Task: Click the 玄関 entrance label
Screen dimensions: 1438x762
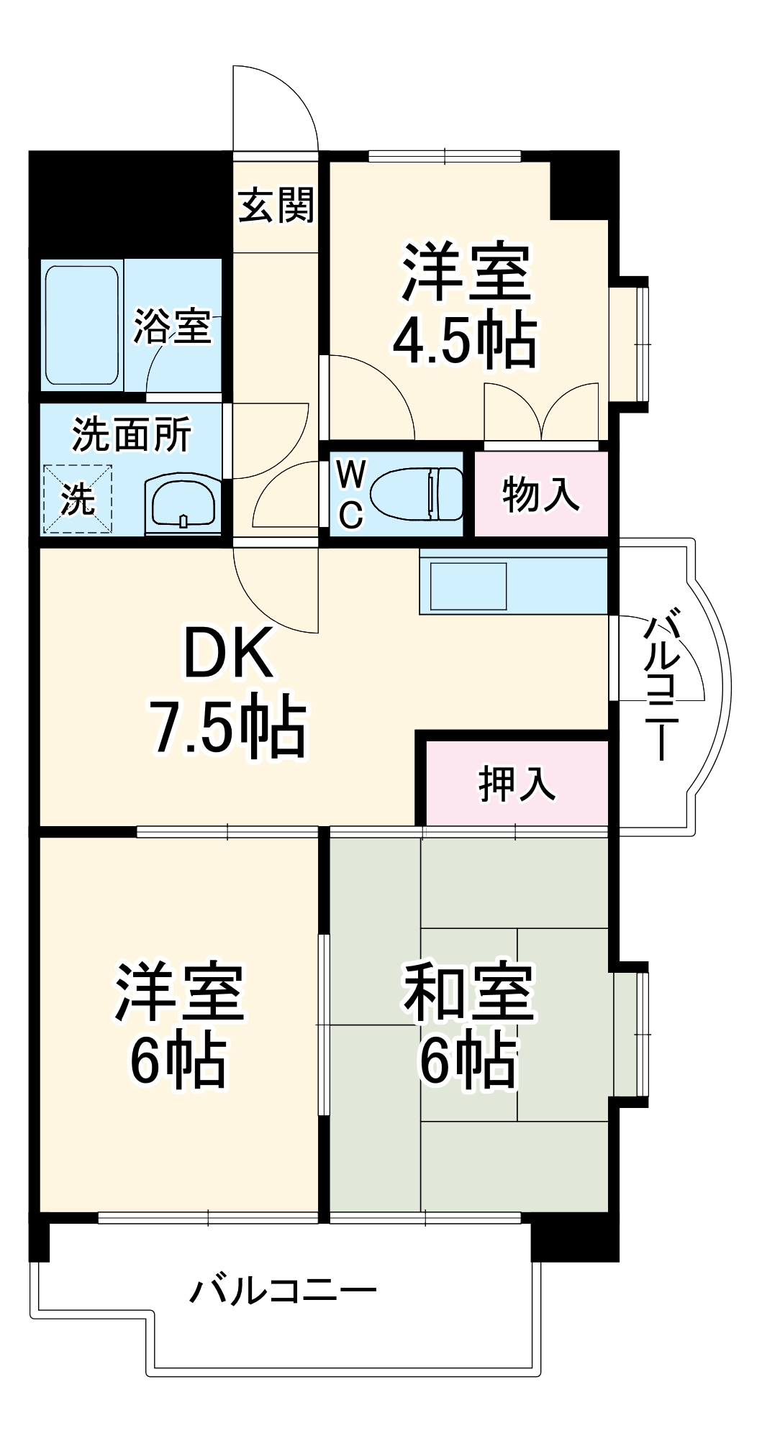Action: [x=276, y=205]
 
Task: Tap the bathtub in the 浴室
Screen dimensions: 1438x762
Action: [x=81, y=325]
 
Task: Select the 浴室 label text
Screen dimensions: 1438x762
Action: [x=173, y=326]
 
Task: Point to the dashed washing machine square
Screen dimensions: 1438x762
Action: [x=78, y=499]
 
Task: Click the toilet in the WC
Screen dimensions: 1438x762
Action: [x=417, y=493]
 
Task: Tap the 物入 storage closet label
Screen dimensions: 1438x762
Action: [x=540, y=495]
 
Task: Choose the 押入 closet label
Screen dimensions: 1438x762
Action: [x=517, y=783]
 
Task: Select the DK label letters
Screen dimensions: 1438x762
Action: [x=228, y=653]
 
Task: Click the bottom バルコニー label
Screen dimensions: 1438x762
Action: [x=283, y=1291]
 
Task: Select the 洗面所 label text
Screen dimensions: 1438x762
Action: [x=132, y=435]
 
